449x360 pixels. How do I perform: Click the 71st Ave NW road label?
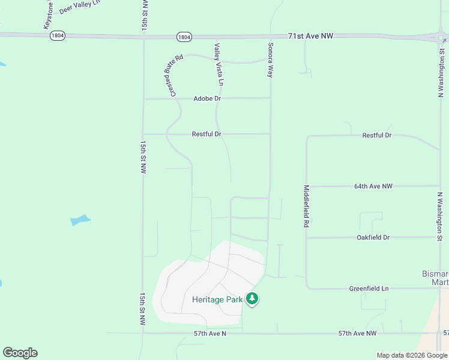310,36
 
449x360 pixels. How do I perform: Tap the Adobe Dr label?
208,98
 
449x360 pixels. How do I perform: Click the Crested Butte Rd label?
176,76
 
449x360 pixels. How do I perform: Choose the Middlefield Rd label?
306,205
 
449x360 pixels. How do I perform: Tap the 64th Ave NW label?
373,187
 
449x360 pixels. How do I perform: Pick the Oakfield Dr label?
373,238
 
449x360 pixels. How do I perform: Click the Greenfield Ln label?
369,289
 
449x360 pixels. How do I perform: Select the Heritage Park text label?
217,299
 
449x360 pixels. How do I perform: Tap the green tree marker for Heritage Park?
252,298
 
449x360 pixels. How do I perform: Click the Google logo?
20,353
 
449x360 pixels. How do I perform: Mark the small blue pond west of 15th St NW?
80,220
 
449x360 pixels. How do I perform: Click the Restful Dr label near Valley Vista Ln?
207,134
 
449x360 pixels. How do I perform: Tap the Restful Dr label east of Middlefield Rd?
377,136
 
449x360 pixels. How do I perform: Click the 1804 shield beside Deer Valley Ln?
58,35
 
